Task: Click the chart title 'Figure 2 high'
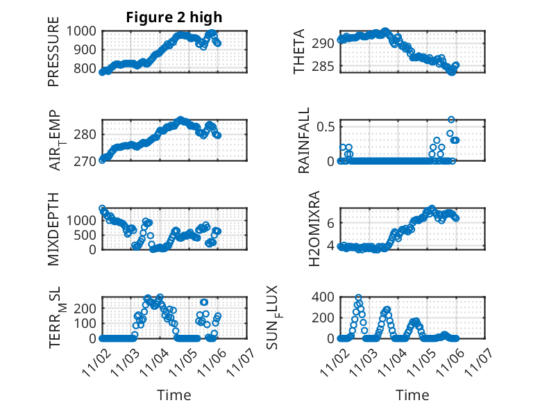[x=174, y=17]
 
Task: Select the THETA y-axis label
[x=299, y=52]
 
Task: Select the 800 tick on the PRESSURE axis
[x=87, y=68]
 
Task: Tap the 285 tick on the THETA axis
[x=323, y=67]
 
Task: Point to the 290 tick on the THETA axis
[x=323, y=43]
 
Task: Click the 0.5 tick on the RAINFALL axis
[x=325, y=126]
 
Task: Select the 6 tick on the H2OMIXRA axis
[x=330, y=222]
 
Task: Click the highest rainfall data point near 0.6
[x=451, y=119]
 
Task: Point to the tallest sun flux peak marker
[x=358, y=297]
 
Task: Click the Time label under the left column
[x=174, y=395]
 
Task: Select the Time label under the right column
[x=412, y=395]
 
